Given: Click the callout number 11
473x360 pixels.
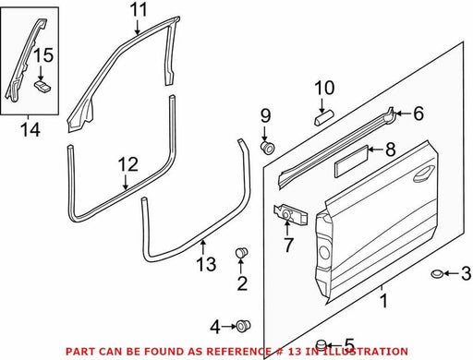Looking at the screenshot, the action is pyautogui.click(x=139, y=10).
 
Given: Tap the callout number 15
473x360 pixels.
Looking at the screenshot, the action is pyautogui.click(x=43, y=55).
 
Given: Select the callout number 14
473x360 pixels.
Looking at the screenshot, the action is pyautogui.click(x=30, y=129).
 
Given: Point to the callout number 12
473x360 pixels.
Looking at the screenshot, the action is pyautogui.click(x=128, y=164).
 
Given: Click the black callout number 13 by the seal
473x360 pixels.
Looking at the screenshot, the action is pyautogui.click(x=206, y=264).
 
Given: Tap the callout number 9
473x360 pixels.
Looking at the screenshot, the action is pyautogui.click(x=265, y=115).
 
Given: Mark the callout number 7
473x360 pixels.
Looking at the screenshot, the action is pyautogui.click(x=288, y=245).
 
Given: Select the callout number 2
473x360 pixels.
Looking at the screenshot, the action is pyautogui.click(x=242, y=283).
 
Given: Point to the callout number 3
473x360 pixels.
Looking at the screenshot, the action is pyautogui.click(x=466, y=273).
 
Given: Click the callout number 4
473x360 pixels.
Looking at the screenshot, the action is pyautogui.click(x=215, y=327).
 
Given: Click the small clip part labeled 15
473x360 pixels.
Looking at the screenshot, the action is pyautogui.click(x=42, y=86).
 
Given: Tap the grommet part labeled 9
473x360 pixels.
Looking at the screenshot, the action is pyautogui.click(x=267, y=148).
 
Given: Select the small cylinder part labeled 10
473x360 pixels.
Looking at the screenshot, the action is pyautogui.click(x=323, y=118).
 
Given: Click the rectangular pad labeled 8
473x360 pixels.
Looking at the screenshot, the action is pyautogui.click(x=351, y=162).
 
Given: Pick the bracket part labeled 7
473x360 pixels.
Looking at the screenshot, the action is pyautogui.click(x=290, y=214).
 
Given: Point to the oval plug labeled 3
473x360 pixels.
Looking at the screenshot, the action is pyautogui.click(x=437, y=273).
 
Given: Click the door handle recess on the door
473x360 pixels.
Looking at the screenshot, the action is pyautogui.click(x=424, y=174).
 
